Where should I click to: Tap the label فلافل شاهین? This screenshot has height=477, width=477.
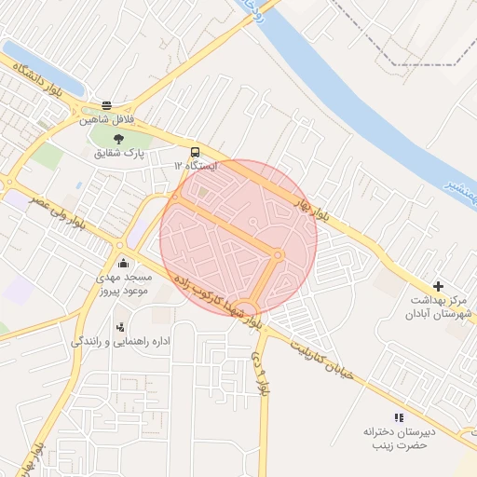[x=107, y=120]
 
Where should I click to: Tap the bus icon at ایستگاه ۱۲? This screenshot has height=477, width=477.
[x=195, y=151]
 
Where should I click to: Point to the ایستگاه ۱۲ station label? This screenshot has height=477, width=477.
[x=194, y=165]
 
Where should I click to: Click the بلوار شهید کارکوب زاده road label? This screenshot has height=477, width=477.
[x=215, y=299]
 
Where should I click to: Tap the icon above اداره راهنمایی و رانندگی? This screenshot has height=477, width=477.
[x=120, y=327]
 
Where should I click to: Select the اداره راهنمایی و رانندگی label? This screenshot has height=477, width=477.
[x=122, y=342]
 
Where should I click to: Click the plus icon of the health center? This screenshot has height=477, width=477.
[x=439, y=286]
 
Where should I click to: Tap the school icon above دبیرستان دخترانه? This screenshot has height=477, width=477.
[x=399, y=418]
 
